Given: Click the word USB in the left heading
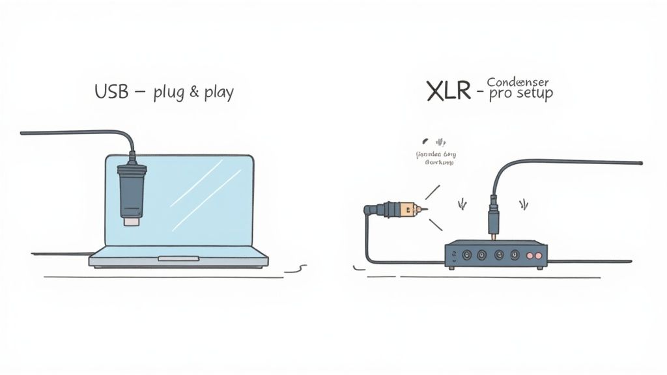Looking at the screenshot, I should [x=111, y=92].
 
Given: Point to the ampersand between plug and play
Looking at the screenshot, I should [x=193, y=92].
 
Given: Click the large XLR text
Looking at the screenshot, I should [x=449, y=92].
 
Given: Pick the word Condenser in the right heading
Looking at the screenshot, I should [x=518, y=82].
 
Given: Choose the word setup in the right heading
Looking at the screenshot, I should [x=533, y=94].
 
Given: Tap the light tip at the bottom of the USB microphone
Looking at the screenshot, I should [x=130, y=222].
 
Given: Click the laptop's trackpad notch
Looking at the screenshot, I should [x=178, y=258].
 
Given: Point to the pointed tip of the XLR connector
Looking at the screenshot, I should [x=425, y=210].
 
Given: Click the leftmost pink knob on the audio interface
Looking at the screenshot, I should [x=528, y=255].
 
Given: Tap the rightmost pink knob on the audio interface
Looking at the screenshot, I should [x=539, y=255].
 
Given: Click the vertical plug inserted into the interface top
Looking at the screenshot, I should [x=494, y=215].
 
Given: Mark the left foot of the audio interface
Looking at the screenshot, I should [x=451, y=266].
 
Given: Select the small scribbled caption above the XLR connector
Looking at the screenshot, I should [x=436, y=158].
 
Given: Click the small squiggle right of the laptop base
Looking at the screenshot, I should [x=298, y=267].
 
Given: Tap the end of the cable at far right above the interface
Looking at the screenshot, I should [x=640, y=163].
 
